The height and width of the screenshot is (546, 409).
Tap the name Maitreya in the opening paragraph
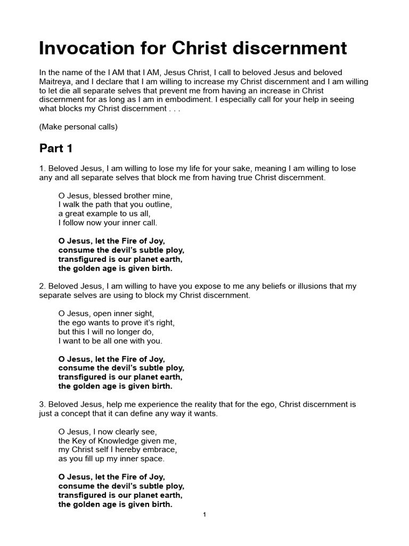(x=58, y=81)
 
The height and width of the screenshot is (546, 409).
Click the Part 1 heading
(x=56, y=148)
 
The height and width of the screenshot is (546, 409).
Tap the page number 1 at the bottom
(x=204, y=515)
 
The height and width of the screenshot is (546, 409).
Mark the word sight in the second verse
(x=144, y=314)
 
